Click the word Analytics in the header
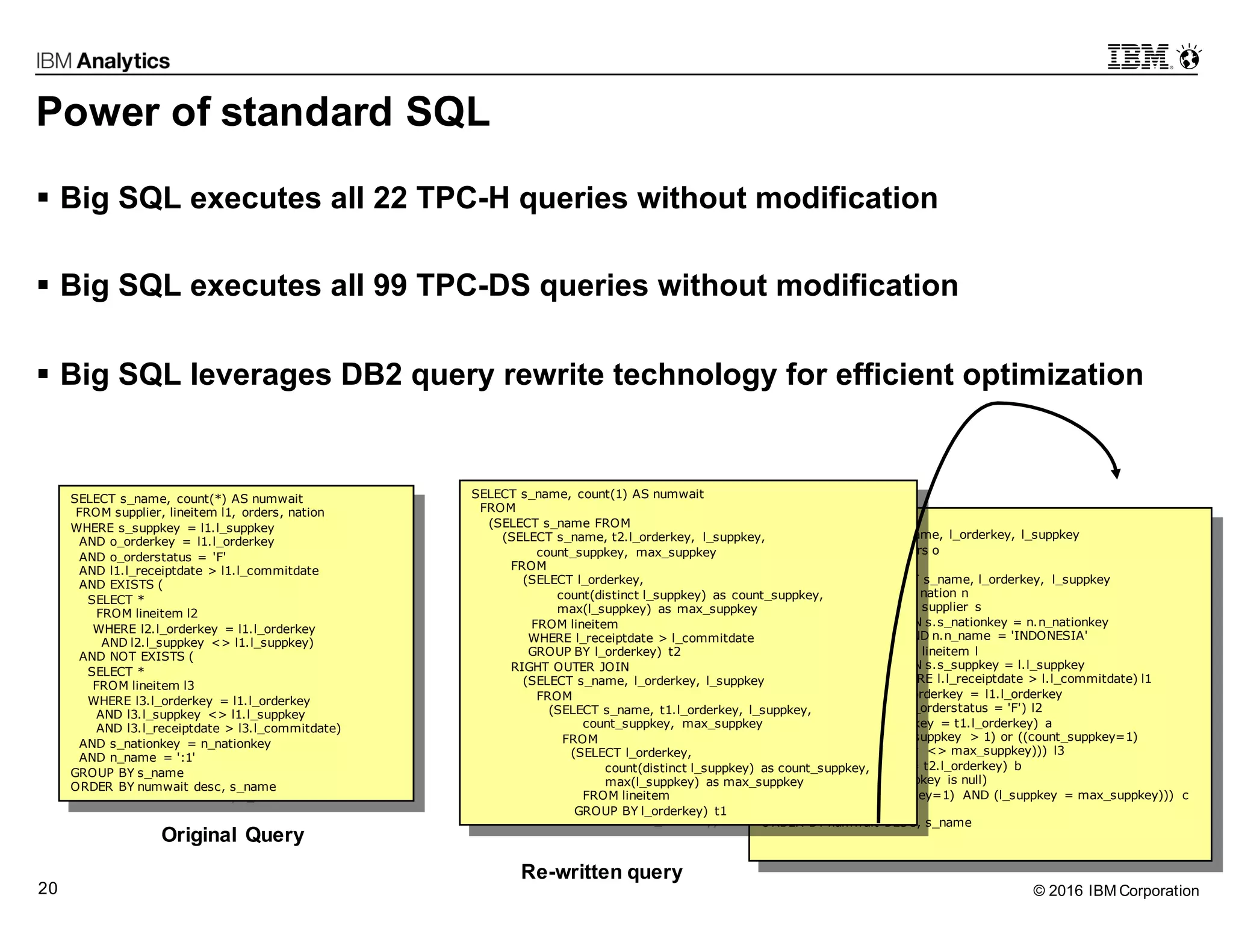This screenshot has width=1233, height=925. [123, 61]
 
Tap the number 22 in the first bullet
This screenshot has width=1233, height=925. [390, 198]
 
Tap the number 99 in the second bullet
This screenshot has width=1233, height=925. [390, 285]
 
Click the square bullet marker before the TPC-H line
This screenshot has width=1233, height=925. [43, 198]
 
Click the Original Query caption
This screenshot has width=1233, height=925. [232, 835]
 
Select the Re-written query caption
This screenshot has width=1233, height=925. [601, 871]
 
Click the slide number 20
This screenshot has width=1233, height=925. [48, 888]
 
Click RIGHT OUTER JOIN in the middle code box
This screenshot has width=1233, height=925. [570, 667]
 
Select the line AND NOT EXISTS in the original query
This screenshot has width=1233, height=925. [136, 656]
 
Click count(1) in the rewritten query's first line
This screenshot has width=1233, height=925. [602, 494]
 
